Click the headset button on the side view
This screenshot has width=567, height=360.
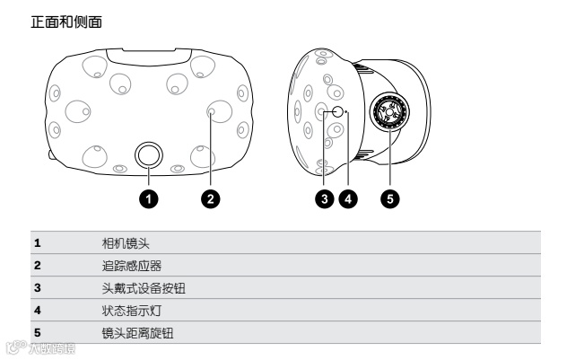click(x=336, y=112)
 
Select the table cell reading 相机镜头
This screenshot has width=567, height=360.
click(x=124, y=242)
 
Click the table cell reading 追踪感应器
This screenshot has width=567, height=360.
click(x=129, y=266)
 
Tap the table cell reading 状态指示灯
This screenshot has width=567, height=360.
click(x=129, y=311)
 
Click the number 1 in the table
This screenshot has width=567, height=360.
click(x=37, y=242)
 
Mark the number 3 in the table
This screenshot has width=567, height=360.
click(x=37, y=288)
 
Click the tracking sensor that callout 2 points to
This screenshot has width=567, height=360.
click(x=217, y=112)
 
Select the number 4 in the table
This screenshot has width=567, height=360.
click(x=37, y=311)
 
